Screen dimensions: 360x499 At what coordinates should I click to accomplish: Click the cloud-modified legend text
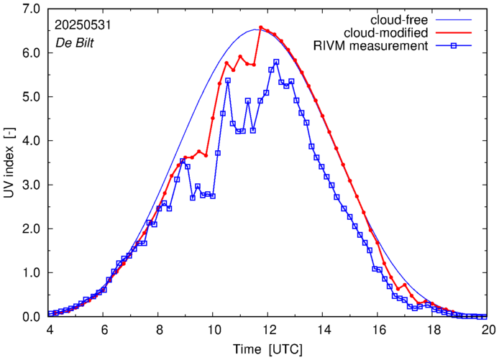point(386,33)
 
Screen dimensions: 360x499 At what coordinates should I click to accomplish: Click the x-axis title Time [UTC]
point(268,349)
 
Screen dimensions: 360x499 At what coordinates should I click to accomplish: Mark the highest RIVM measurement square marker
point(276,62)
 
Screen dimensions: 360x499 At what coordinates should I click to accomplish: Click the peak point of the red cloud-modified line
point(260,28)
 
